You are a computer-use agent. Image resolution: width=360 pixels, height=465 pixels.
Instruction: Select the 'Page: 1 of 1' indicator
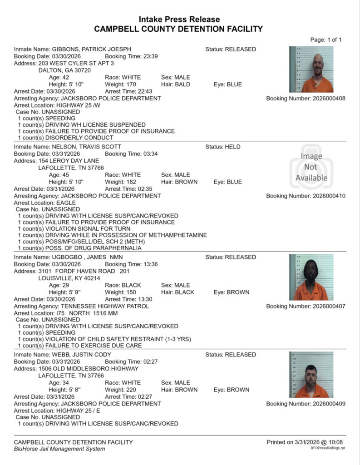(325, 40)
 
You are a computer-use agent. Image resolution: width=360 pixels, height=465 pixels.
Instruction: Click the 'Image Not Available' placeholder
(311, 167)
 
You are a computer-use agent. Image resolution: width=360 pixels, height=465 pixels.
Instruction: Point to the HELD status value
(232, 147)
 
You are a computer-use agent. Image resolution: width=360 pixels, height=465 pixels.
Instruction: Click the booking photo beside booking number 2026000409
(311, 375)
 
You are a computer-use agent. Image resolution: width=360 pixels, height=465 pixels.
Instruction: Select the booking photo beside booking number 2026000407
(311, 277)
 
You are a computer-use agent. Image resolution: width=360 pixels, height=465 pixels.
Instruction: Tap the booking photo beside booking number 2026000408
(311, 69)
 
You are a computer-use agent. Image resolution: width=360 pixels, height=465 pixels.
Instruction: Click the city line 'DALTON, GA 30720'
(64, 70)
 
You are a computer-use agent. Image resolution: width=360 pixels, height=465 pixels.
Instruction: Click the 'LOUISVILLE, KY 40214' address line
(69, 278)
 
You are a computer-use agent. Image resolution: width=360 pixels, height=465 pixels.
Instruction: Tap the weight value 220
(129, 390)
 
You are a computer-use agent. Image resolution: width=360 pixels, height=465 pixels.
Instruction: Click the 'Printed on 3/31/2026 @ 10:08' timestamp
(305, 442)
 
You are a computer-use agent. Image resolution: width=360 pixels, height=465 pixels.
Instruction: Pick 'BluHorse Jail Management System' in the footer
(59, 449)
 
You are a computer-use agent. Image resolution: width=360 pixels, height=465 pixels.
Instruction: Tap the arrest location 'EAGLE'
(66, 203)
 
